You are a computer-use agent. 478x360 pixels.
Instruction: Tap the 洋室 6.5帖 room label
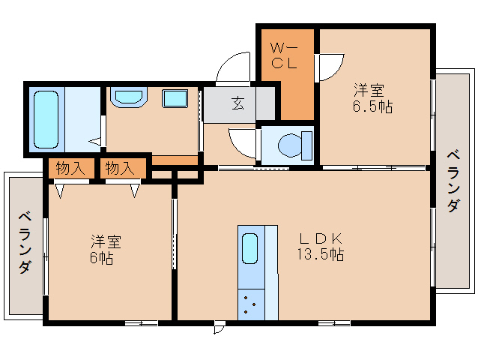372,98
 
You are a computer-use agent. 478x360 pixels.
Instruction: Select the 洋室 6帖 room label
106,249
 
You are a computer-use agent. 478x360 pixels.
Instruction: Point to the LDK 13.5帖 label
321,247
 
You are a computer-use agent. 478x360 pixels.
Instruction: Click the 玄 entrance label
238,104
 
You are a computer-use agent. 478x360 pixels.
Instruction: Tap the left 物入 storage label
71,169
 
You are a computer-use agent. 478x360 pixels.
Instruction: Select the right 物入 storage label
120,169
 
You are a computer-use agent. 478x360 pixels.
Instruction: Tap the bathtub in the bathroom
46,120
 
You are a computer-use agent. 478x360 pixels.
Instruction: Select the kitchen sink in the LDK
250,247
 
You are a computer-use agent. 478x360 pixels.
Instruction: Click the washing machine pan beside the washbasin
177,98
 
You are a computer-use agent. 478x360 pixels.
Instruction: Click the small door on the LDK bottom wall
219,328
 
